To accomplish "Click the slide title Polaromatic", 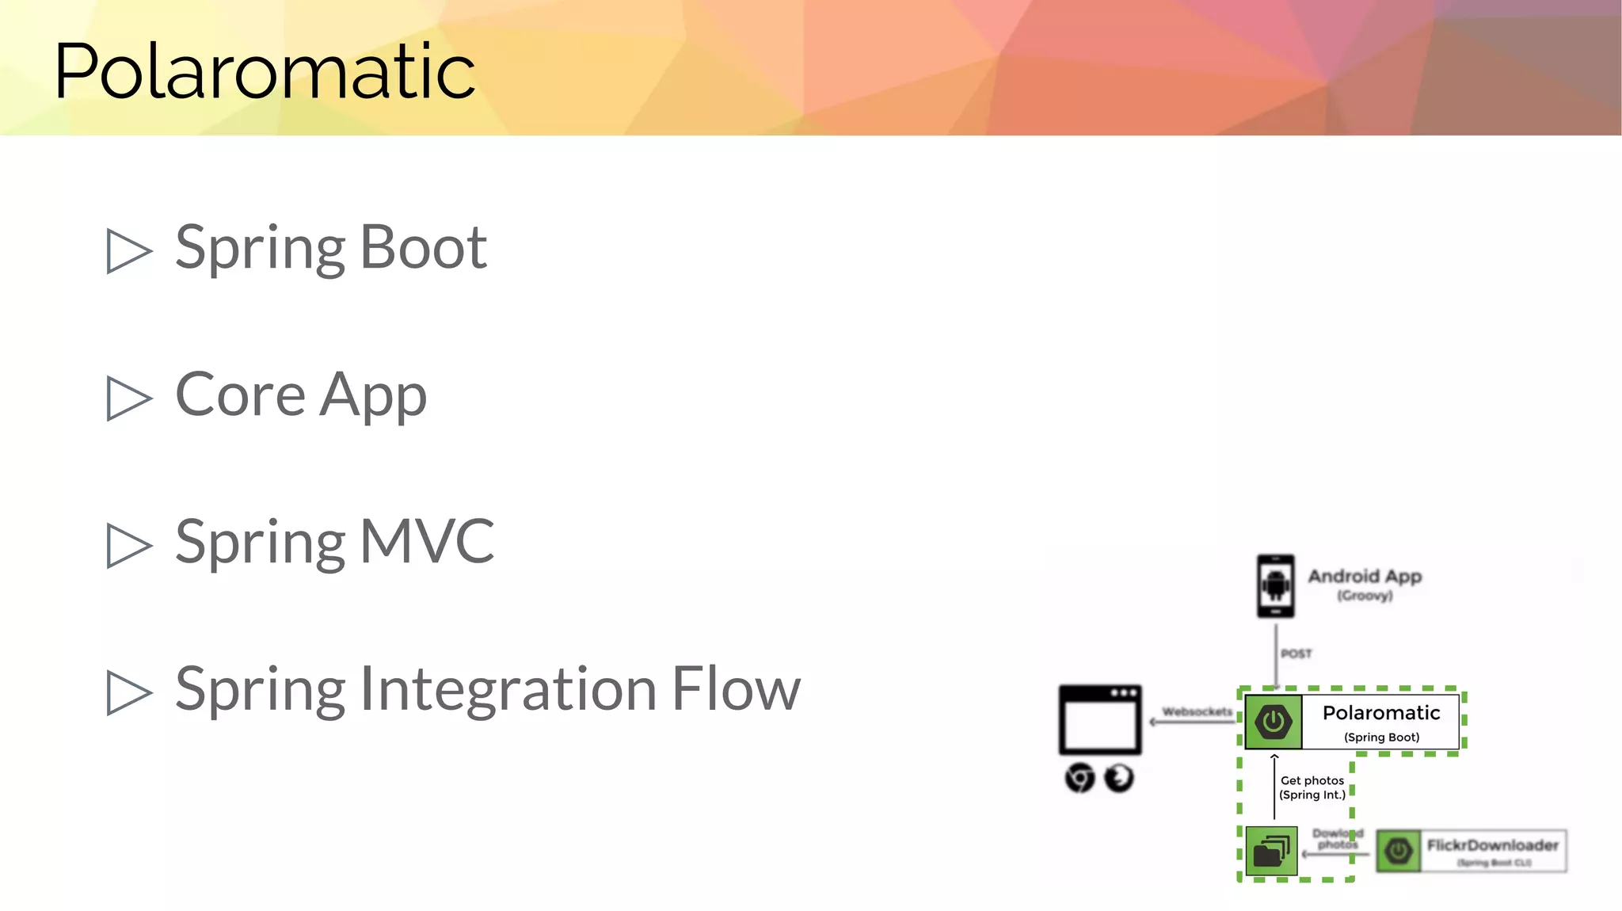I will [265, 71].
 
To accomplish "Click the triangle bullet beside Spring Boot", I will [128, 251].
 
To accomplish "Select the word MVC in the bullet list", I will [427, 542].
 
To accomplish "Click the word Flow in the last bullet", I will [736, 689].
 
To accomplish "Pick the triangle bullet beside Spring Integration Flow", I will [128, 692].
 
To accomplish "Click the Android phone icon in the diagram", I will [1275, 586].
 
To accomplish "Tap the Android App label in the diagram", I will [1365, 577].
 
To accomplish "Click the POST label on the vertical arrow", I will [1296, 654].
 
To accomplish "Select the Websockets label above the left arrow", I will [1197, 711].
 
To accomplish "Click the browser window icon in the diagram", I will [1100, 719].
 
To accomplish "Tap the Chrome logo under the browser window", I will [1079, 778].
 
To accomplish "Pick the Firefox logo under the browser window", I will [1119, 778].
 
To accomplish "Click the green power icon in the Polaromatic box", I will [1273, 722].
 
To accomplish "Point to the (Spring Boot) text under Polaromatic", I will [1381, 738].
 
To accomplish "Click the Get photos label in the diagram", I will [1312, 781].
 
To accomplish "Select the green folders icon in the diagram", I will [1271, 852].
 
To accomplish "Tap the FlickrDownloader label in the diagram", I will [1492, 845].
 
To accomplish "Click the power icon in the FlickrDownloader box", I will [1399, 852].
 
